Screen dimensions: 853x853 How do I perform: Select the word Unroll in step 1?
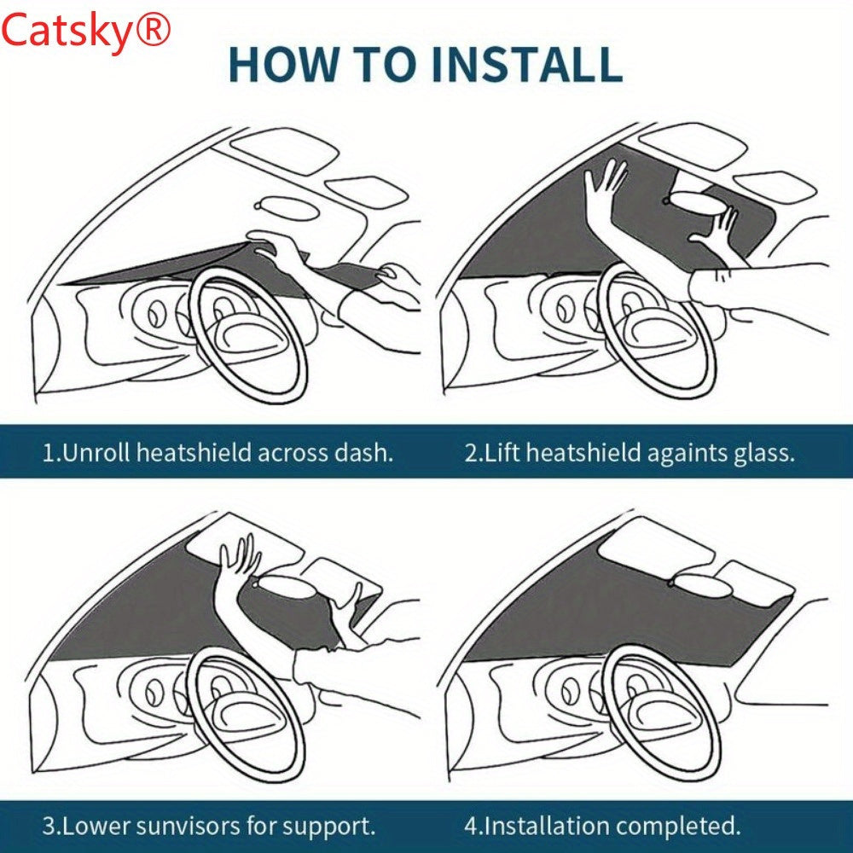click(x=96, y=453)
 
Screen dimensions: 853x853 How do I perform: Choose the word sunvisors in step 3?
click(x=188, y=827)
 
